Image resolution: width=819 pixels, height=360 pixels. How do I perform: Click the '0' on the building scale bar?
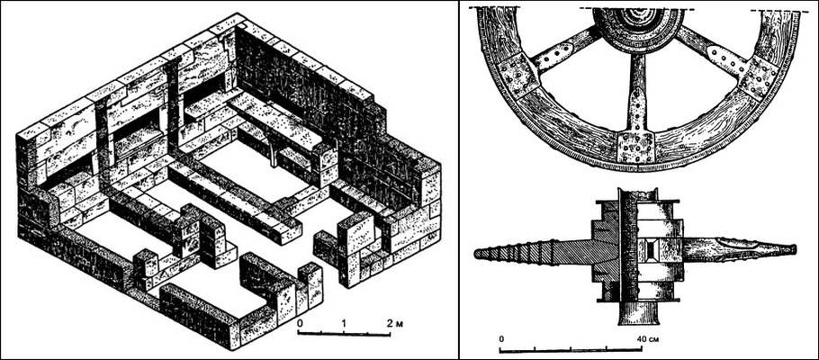300,323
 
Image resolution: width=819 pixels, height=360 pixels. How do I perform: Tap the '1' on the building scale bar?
344,323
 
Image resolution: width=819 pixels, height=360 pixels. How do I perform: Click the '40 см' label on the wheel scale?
647,338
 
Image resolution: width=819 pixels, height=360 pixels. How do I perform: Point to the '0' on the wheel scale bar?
501,338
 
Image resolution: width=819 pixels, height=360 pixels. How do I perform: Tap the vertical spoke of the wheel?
635,94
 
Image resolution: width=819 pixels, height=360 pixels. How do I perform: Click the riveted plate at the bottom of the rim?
635,147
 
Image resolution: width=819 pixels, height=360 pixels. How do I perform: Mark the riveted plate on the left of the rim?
518,76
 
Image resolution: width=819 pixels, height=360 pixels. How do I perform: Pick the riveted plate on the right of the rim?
759,77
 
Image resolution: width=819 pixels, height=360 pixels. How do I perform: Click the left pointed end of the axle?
475,255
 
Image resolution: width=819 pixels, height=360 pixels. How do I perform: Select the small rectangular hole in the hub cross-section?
651,250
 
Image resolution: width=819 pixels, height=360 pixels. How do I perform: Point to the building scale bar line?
344,333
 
